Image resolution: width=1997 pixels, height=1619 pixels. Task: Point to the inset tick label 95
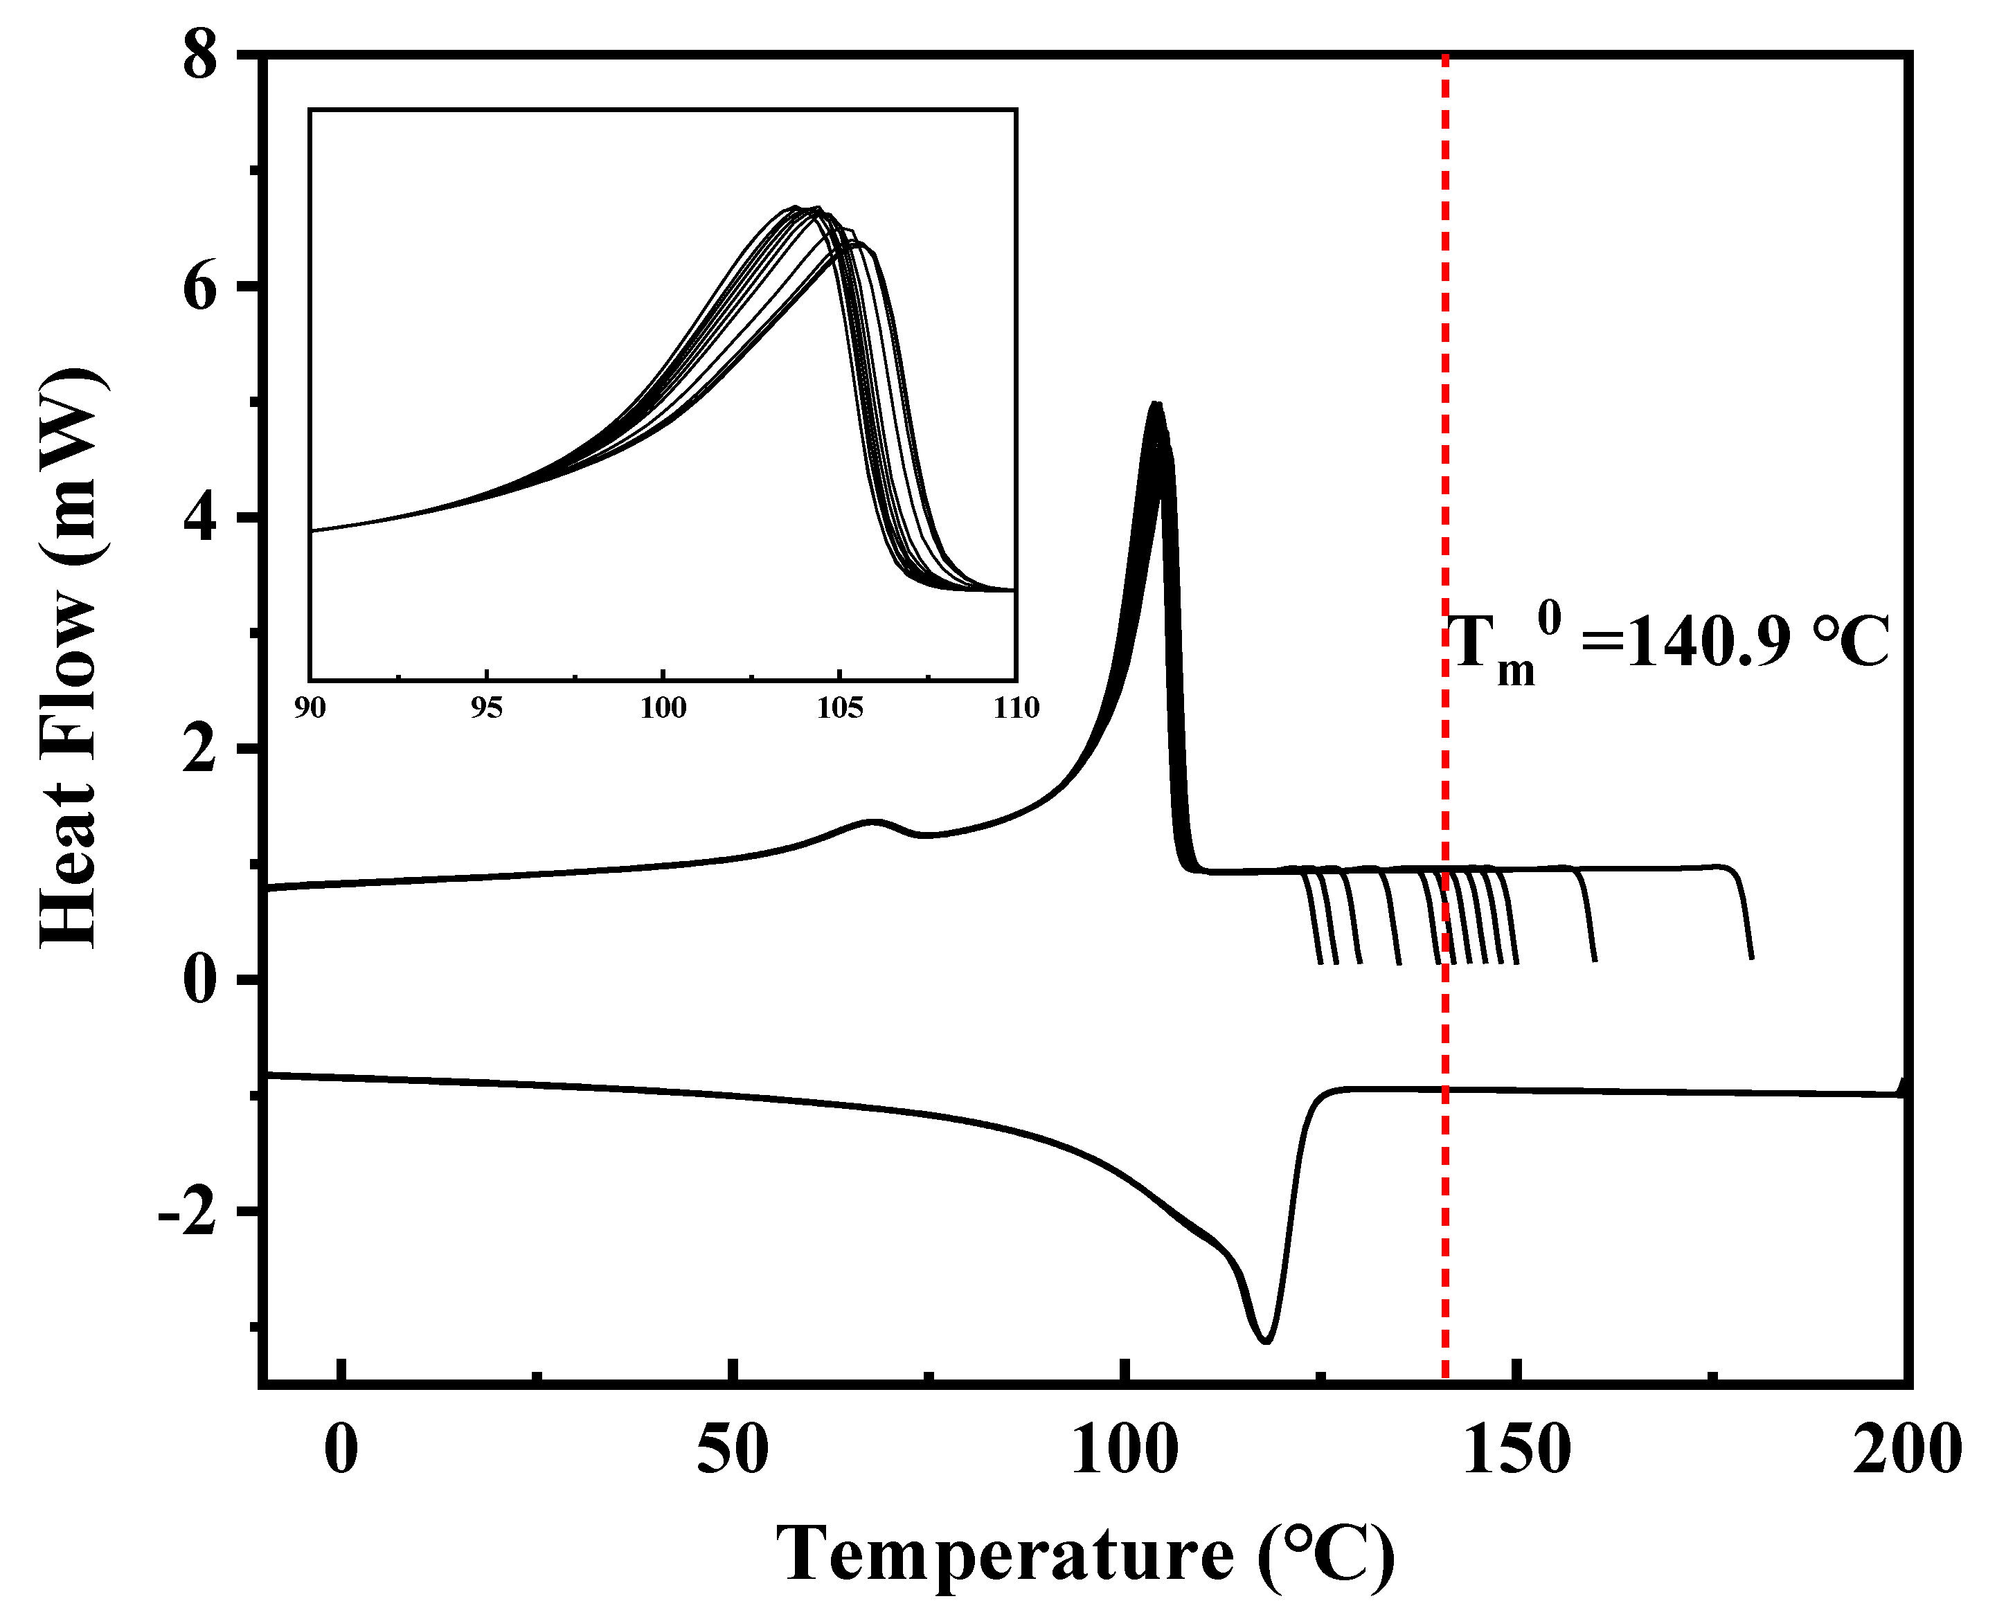pos(487,708)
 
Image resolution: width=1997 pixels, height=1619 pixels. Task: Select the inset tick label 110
pos(1016,708)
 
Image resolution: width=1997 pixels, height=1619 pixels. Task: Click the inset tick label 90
pos(311,708)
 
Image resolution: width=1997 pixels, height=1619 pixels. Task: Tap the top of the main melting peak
pos(1156,406)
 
